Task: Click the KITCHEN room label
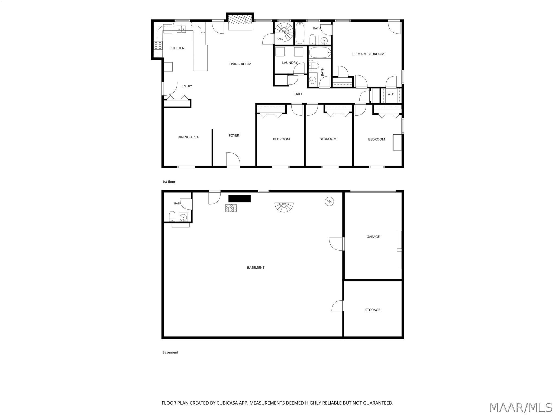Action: pyautogui.click(x=178, y=48)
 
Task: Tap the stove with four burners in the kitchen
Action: pyautogui.click(x=158, y=45)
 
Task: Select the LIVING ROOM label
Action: pyautogui.click(x=240, y=64)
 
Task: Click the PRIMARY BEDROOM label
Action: pyautogui.click(x=368, y=54)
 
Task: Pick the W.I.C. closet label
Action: pyautogui.click(x=391, y=94)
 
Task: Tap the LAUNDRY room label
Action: pyautogui.click(x=290, y=63)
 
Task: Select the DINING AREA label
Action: pyautogui.click(x=188, y=137)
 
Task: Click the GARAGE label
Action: pyautogui.click(x=373, y=237)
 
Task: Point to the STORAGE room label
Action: pyautogui.click(x=373, y=310)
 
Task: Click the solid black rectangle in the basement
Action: pyautogui.click(x=240, y=199)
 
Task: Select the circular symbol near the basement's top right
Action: pyautogui.click(x=329, y=201)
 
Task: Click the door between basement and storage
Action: pyautogui.click(x=338, y=306)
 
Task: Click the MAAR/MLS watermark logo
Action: pyautogui.click(x=521, y=407)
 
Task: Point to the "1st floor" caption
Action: pyautogui.click(x=169, y=182)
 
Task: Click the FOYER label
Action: pyautogui.click(x=234, y=135)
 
